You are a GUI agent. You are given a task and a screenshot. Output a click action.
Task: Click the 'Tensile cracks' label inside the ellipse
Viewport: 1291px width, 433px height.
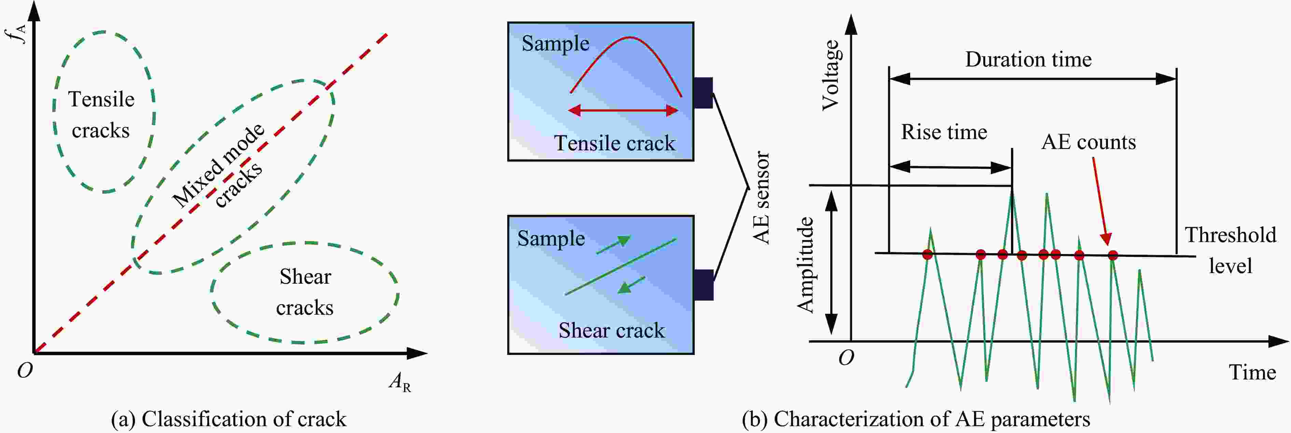[x=101, y=115]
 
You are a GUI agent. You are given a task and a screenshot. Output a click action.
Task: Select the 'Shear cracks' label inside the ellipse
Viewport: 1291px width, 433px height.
[x=305, y=292]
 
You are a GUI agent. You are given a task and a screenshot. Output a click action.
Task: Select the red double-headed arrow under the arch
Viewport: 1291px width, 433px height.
[x=623, y=110]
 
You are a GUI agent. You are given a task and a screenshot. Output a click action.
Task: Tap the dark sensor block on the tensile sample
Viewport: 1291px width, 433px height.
[x=703, y=93]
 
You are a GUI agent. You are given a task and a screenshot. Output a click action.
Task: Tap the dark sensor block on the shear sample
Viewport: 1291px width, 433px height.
[x=704, y=285]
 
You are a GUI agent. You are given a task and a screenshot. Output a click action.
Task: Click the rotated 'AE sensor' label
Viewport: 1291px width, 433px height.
[x=762, y=198]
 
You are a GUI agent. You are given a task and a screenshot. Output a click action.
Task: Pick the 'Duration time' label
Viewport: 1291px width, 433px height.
[x=1028, y=60]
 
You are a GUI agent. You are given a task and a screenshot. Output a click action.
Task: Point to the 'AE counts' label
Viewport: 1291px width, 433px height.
[x=1088, y=142]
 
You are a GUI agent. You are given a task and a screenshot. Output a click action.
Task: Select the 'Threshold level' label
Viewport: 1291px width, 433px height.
[x=1230, y=250]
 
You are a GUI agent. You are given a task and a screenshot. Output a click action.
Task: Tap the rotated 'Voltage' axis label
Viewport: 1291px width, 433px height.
[x=830, y=75]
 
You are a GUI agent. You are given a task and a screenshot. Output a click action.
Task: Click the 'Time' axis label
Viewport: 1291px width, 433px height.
[x=1252, y=372]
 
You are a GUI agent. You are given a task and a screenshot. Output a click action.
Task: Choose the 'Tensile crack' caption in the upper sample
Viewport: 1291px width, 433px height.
[x=614, y=144]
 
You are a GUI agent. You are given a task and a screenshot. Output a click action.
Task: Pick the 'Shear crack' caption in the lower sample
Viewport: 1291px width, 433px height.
[x=611, y=330]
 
